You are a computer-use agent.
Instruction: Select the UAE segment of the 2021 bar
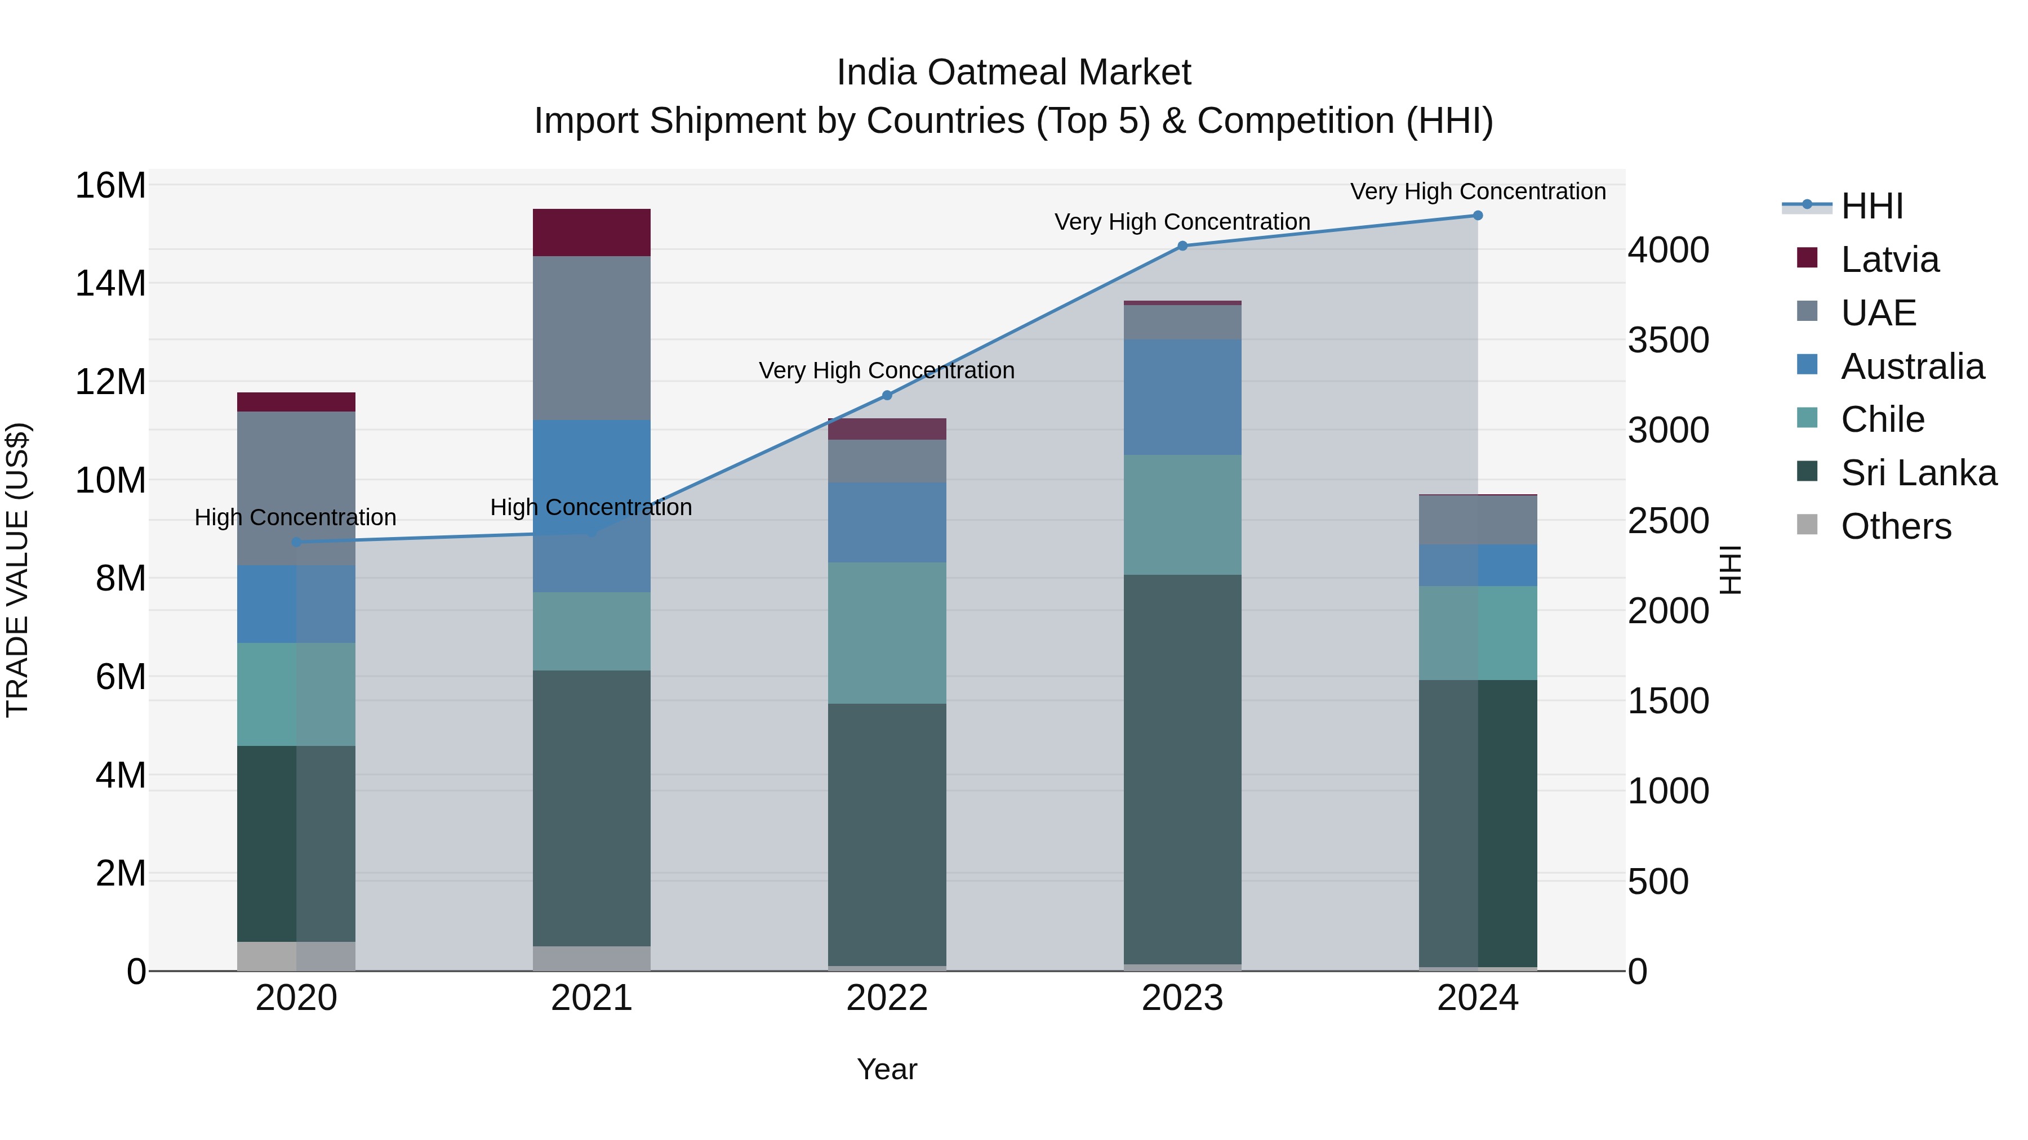pyautogui.click(x=591, y=338)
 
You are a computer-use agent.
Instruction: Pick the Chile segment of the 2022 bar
pyautogui.click(x=887, y=633)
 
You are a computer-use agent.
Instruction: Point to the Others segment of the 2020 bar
pyautogui.click(x=296, y=956)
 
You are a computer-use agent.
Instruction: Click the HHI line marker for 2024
pyautogui.click(x=1477, y=216)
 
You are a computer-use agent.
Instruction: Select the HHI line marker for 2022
pyautogui.click(x=887, y=395)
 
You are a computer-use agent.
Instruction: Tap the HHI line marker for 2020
pyautogui.click(x=296, y=542)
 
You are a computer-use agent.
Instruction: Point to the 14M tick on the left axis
pyautogui.click(x=110, y=283)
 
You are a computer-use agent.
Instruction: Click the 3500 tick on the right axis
pyautogui.click(x=1668, y=341)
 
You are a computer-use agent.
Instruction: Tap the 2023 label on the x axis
pyautogui.click(x=1182, y=998)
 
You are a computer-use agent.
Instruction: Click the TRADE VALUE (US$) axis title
pyautogui.click(x=17, y=570)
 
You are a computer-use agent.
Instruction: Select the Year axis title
pyautogui.click(x=887, y=1069)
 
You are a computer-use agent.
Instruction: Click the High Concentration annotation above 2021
pyautogui.click(x=591, y=507)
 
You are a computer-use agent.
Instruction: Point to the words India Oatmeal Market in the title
pyautogui.click(x=1013, y=73)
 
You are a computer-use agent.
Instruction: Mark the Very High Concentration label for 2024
pyautogui.click(x=1478, y=191)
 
